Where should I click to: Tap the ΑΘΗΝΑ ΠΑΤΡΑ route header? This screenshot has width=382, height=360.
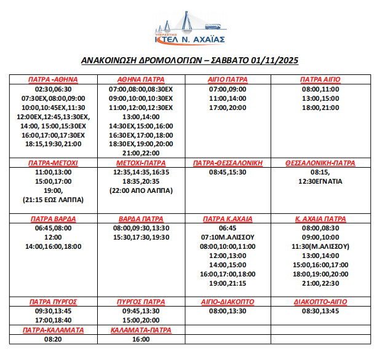click(140, 80)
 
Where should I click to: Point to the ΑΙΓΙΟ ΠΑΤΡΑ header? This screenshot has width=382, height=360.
click(228, 80)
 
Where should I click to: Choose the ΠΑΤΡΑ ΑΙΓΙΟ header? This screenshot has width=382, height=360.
click(320, 80)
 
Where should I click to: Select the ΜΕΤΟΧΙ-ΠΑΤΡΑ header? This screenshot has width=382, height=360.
click(141, 163)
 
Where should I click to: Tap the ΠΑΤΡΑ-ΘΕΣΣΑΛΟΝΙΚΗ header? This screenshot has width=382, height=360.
click(228, 163)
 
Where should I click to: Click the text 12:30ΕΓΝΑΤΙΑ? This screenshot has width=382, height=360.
click(320, 182)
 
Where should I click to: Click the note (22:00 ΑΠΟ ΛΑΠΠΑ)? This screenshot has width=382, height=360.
click(140, 191)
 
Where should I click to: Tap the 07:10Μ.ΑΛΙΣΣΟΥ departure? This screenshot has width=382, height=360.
click(228, 237)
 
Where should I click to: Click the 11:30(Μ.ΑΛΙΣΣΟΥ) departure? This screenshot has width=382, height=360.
click(320, 246)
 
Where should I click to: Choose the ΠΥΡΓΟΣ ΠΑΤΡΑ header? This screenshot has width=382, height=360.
click(141, 302)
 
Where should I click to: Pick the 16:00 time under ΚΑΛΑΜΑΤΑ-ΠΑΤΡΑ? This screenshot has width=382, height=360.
click(141, 338)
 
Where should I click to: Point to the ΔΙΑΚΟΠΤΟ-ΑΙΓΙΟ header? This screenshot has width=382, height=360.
click(320, 302)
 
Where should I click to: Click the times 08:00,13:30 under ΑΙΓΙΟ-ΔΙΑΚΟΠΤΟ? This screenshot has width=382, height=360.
click(228, 311)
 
